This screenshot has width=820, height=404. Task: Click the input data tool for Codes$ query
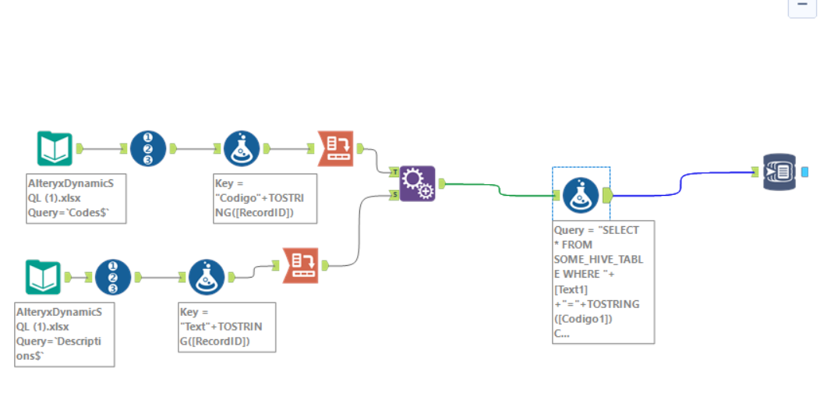pyautogui.click(x=55, y=148)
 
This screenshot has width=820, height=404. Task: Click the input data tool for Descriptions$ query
pyautogui.click(x=43, y=277)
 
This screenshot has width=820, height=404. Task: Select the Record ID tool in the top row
pyautogui.click(x=148, y=148)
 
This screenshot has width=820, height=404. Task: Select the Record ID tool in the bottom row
pyautogui.click(x=113, y=277)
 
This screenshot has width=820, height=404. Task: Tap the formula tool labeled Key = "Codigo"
pyautogui.click(x=242, y=148)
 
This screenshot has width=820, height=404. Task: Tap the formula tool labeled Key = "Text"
pyautogui.click(x=207, y=277)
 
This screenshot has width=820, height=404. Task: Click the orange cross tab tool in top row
pyautogui.click(x=335, y=148)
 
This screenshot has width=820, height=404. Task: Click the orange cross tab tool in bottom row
pyautogui.click(x=300, y=264)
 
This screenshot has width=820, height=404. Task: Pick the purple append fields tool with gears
pyautogui.click(x=417, y=184)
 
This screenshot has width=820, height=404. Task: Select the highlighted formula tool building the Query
pyautogui.click(x=581, y=195)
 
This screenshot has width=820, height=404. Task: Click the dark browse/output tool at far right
pyautogui.click(x=779, y=171)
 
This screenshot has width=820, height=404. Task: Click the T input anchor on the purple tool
pyautogui.click(x=394, y=171)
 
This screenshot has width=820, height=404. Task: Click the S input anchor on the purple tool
pyautogui.click(x=394, y=196)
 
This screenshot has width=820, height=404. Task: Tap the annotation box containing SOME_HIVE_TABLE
pyautogui.click(x=603, y=281)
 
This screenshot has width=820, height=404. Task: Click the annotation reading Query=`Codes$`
pyautogui.click(x=76, y=198)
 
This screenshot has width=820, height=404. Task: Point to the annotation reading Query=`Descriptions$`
pyautogui.click(x=65, y=334)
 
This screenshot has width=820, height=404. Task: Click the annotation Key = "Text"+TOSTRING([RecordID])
pyautogui.click(x=226, y=327)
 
